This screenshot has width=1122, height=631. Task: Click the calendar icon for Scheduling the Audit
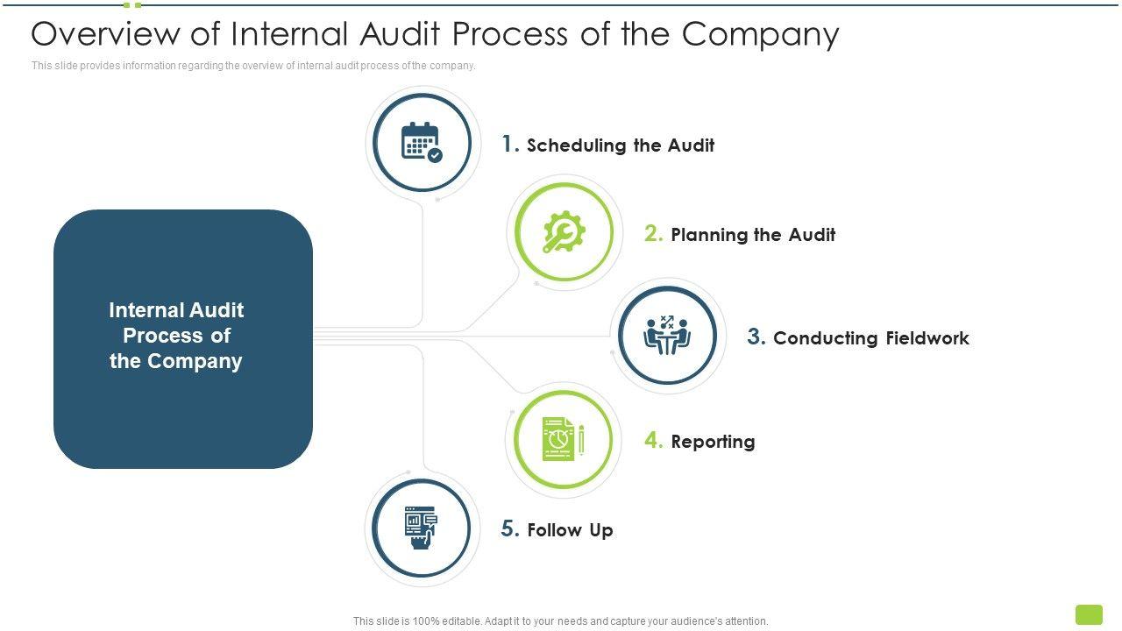pyautogui.click(x=422, y=142)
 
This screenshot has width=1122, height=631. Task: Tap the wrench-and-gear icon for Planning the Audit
pyautogui.click(x=564, y=232)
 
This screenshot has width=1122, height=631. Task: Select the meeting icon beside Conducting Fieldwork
pyautogui.click(x=667, y=336)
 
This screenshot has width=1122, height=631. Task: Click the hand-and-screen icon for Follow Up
pyautogui.click(x=421, y=528)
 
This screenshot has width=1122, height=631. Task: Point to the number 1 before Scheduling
pyautogui.click(x=510, y=145)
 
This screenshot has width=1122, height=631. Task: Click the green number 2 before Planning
pyautogui.click(x=653, y=233)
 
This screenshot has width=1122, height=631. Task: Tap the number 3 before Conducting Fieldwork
pyautogui.click(x=756, y=337)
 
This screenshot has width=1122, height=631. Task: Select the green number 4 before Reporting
pyautogui.click(x=653, y=440)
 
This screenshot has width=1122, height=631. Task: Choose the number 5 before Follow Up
pyautogui.click(x=510, y=528)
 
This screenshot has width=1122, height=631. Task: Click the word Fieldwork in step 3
pyautogui.click(x=927, y=338)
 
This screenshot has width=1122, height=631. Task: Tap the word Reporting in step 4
pyautogui.click(x=713, y=442)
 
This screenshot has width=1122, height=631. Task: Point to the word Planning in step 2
pyautogui.click(x=708, y=235)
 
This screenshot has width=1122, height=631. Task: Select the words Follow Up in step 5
pyautogui.click(x=570, y=530)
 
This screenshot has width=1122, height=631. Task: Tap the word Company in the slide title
pyautogui.click(x=760, y=34)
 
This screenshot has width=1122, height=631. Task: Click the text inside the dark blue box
pyautogui.click(x=176, y=336)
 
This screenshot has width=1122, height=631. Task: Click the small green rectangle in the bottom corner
pyautogui.click(x=1089, y=614)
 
